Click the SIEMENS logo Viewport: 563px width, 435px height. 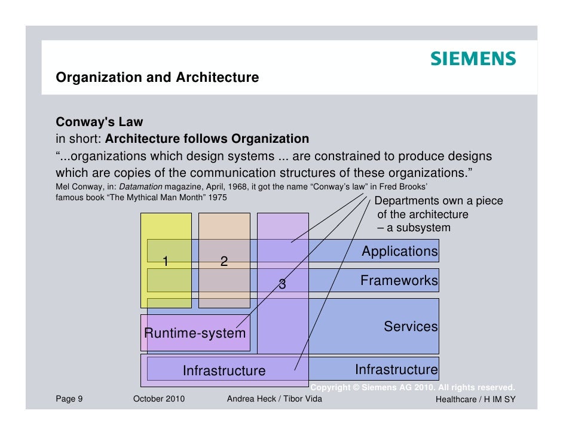click(472, 59)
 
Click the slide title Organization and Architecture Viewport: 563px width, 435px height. click(157, 78)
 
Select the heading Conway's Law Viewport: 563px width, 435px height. click(99, 122)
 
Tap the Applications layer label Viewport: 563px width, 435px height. click(399, 252)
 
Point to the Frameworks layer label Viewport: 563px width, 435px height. click(399, 280)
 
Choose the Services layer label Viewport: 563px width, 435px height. click(411, 327)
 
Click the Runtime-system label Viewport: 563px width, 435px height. click(195, 333)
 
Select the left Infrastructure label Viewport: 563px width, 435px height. click(224, 370)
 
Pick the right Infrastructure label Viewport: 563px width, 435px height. click(396, 369)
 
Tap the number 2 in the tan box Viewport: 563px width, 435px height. click(224, 261)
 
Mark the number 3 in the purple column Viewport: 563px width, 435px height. click(282, 285)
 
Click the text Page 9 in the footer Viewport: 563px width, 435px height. click(69, 399)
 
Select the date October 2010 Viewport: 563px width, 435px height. click(159, 399)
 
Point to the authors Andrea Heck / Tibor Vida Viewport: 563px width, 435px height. click(274, 399)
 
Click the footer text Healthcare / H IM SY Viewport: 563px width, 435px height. click(475, 399)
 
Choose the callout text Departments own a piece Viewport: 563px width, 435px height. click(438, 201)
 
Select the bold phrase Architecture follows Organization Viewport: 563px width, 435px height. click(207, 139)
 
